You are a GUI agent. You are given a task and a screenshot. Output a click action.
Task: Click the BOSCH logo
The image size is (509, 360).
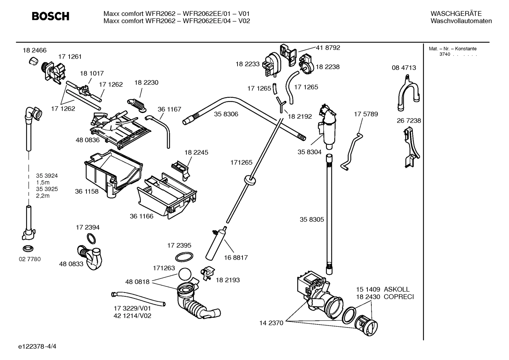pyautogui.click(x=50, y=16)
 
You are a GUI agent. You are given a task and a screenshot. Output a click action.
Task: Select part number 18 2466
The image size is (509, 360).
pyautogui.click(x=35, y=51)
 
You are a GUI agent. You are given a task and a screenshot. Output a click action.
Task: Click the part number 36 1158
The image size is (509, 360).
pyautogui.click(x=86, y=191)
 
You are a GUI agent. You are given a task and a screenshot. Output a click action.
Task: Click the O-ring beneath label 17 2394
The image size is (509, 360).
pyautogui.click(x=91, y=239)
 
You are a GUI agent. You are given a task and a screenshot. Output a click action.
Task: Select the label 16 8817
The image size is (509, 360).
pyautogui.click(x=236, y=258)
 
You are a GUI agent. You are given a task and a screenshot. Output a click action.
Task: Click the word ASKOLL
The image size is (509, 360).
pyautogui.click(x=397, y=289)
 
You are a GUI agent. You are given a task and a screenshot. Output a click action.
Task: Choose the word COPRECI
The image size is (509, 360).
pyautogui.click(x=399, y=297)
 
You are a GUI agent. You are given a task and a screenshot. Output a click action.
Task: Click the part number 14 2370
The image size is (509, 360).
pyautogui.click(x=271, y=323)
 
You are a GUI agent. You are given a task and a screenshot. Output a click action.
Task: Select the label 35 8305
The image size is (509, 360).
pyautogui.click(x=312, y=219)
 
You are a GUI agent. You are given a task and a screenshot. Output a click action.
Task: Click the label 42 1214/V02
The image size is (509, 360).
pyautogui.click(x=132, y=316)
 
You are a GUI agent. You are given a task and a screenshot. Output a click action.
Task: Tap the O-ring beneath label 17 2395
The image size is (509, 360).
pyautogui.click(x=184, y=257)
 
